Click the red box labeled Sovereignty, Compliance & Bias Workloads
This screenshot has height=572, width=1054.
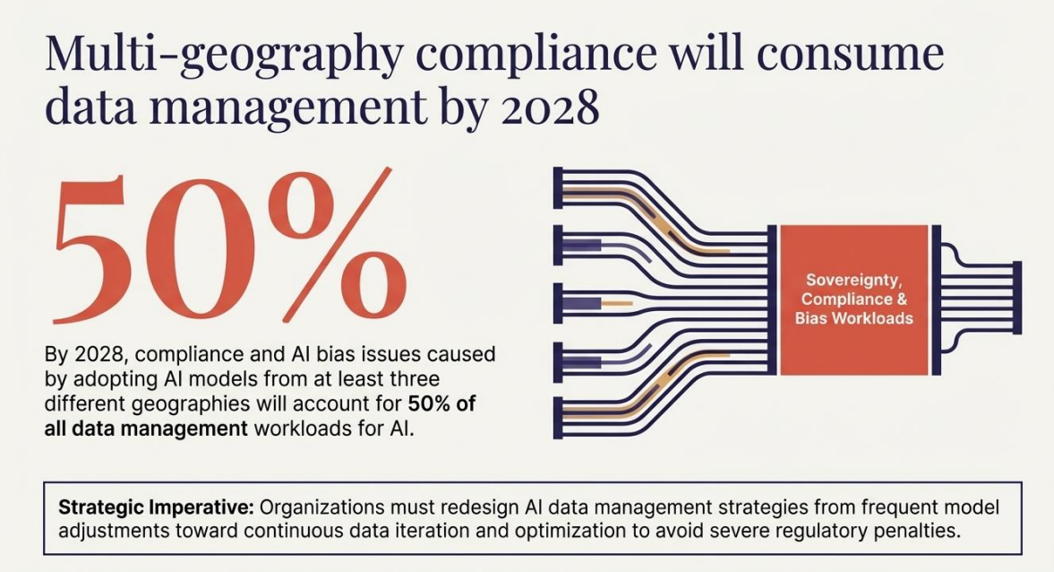[853, 299]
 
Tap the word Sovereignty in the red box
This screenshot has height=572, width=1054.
[853, 280]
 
